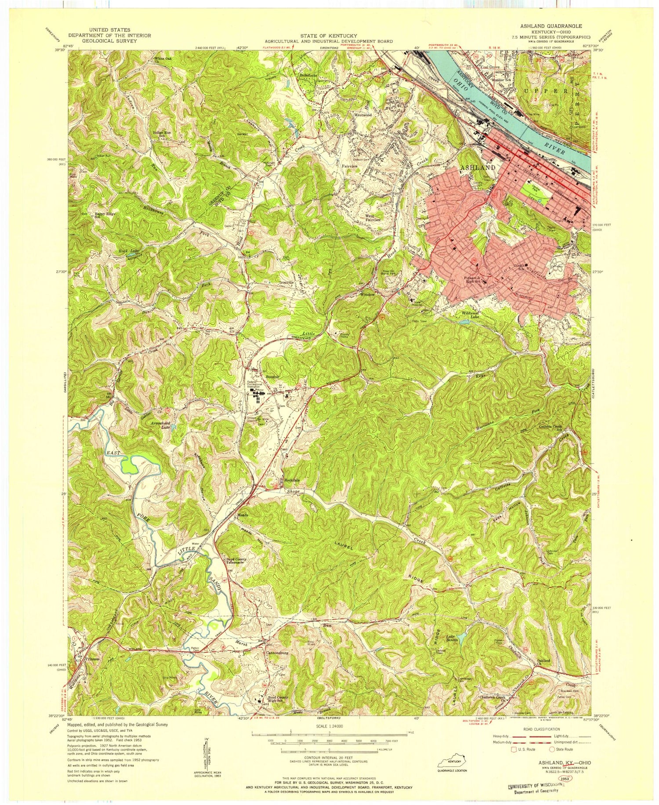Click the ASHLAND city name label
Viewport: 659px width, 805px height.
478,167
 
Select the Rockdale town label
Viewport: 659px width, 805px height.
291,479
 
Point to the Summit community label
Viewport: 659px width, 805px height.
272,377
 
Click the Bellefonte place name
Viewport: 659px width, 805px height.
308,75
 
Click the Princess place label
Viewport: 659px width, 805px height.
93,659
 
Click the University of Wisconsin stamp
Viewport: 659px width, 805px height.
535,786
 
